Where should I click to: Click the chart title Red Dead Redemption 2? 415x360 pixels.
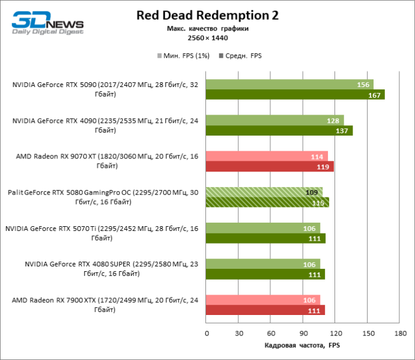(x=208, y=15)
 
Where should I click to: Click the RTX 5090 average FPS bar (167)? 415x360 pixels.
(x=295, y=94)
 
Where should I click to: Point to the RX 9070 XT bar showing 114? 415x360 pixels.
(x=267, y=157)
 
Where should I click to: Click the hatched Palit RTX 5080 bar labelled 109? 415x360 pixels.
(x=264, y=193)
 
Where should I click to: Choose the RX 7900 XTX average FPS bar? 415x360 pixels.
(x=265, y=310)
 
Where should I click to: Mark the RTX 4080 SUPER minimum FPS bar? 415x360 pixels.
(x=263, y=264)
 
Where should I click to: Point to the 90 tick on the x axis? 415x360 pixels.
(x=303, y=334)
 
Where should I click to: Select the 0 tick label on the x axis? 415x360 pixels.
(x=207, y=334)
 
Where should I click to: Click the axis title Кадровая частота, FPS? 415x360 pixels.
(x=302, y=346)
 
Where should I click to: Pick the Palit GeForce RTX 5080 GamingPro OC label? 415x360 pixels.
(x=103, y=197)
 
